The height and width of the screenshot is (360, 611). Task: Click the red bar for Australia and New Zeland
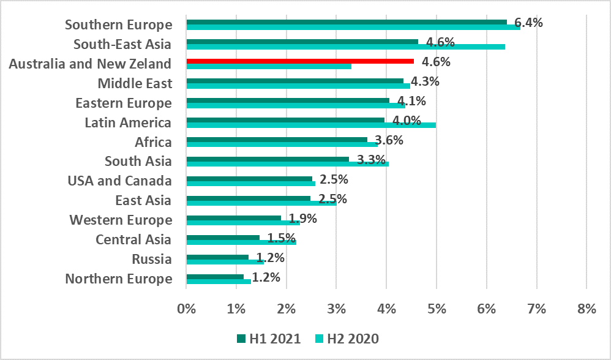pos(300,61)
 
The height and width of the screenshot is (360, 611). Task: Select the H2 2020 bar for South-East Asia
pos(345,47)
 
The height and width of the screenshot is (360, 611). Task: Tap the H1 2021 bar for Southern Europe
pos(347,22)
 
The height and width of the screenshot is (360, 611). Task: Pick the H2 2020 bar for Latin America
pos(311,125)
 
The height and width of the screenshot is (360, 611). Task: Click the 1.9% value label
pos(302,219)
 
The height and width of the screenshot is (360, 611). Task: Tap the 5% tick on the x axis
pos(437,309)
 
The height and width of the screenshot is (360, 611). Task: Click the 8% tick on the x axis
pos(587,309)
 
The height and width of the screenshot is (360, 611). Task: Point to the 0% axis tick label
pos(186,309)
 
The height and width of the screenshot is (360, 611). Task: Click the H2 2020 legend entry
pos(347,339)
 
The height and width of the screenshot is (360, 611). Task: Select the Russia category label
pos(152,260)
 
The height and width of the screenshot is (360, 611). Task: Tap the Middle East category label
pos(135,83)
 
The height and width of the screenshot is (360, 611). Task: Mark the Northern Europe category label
pos(119,279)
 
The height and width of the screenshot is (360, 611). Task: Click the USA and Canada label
pos(119,181)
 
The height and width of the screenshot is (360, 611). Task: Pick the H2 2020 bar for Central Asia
pos(241,242)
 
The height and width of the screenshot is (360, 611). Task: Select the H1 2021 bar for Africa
pos(277,140)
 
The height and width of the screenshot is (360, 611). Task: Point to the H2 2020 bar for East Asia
pos(261,203)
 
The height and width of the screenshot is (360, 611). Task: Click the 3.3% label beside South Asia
pos(371,160)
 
